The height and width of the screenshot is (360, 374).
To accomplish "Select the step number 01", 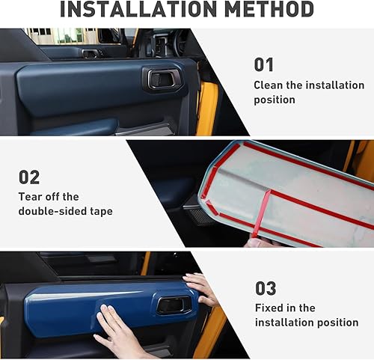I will [263, 65].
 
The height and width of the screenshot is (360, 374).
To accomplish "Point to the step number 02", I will [29, 177].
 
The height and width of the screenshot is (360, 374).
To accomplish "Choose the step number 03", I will [266, 288].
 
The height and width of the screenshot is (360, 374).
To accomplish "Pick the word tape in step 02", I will [101, 211].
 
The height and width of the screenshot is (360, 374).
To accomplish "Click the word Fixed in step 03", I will [271, 308].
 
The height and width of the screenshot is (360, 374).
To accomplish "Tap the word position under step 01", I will [275, 100].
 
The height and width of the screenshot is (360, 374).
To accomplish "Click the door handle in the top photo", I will [162, 78].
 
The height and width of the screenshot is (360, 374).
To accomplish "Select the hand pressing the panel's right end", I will [200, 287].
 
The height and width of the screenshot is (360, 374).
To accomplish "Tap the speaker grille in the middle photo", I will [198, 215].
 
